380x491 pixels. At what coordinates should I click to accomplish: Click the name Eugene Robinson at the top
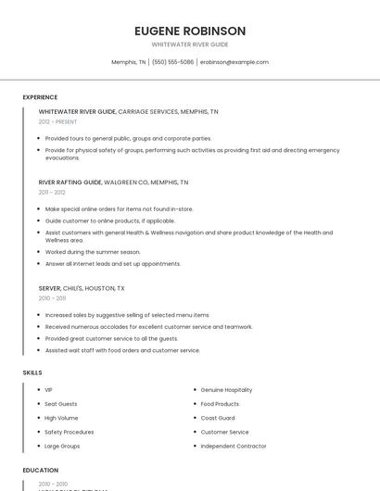pyautogui.click(x=189, y=31)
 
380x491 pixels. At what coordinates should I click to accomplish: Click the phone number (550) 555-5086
pyautogui.click(x=172, y=62)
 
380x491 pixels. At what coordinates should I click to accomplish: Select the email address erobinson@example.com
pyautogui.click(x=234, y=62)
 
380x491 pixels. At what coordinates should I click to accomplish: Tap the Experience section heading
pyautogui.click(x=40, y=97)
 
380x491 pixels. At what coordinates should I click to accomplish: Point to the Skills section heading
pyautogui.click(x=32, y=372)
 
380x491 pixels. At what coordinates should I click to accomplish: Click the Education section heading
pyautogui.click(x=40, y=470)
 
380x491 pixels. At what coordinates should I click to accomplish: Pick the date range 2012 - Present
pyautogui.click(x=57, y=121)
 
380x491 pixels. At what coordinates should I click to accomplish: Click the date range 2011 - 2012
pyautogui.click(x=52, y=193)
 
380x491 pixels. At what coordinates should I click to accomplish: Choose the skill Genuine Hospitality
pyautogui.click(x=226, y=390)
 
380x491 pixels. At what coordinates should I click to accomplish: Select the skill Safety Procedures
pyautogui.click(x=69, y=432)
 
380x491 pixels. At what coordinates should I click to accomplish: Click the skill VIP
pyautogui.click(x=49, y=390)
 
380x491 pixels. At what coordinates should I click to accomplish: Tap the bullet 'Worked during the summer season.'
pyautogui.click(x=93, y=252)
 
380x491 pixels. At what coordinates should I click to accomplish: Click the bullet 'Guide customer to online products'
pyautogui.click(x=109, y=220)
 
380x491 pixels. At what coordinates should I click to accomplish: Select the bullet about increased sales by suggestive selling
pyautogui.click(x=127, y=315)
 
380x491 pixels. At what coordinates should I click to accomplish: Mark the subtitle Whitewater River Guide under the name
pyautogui.click(x=189, y=44)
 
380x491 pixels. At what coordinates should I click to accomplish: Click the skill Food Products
pyautogui.click(x=220, y=404)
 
